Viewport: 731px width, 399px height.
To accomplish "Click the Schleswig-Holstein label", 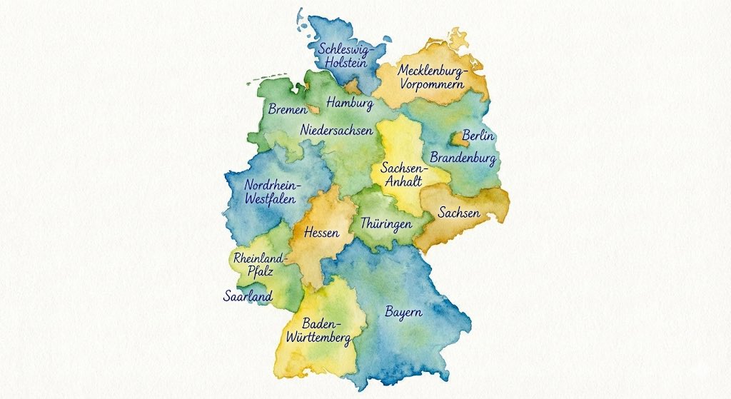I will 346,56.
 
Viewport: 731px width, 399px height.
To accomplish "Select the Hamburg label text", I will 350,104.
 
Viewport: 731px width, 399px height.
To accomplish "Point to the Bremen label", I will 287,110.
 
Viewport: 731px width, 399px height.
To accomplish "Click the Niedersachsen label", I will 336,131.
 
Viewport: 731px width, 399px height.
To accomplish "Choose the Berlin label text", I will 478,136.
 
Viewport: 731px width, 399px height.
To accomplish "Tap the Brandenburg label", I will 463,158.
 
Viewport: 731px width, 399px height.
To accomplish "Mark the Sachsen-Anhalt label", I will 403,175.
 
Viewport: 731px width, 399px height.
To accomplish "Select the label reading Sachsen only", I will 459,213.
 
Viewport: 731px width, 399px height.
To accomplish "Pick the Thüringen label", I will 386,223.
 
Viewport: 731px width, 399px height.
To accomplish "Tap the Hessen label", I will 321,233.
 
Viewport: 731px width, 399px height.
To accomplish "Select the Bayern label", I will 403,312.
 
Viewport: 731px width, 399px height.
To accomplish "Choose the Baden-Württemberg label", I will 317,329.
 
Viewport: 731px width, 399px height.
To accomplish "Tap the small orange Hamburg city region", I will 353,88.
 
